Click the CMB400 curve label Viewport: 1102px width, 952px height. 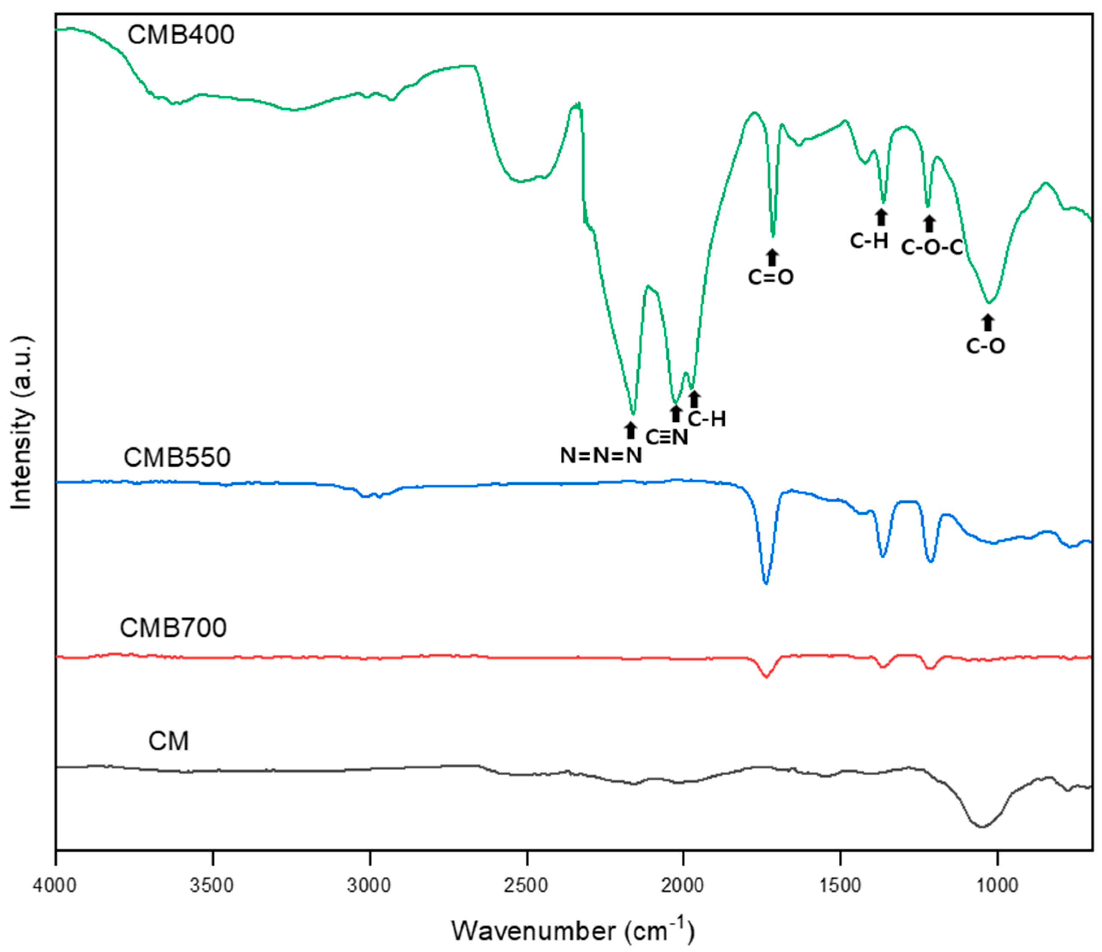181,35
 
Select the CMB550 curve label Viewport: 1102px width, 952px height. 177,458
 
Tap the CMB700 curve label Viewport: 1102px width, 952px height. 173,628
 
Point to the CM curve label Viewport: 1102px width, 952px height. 168,741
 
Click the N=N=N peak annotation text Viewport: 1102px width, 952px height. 601,456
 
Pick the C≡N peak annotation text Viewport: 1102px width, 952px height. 666,438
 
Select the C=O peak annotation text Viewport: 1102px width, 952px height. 771,277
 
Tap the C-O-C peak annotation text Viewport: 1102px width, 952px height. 932,248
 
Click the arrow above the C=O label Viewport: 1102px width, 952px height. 772,257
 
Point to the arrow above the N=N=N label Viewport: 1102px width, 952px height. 630,430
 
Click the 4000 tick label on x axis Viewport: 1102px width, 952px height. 55,886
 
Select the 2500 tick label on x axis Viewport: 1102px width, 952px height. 527,886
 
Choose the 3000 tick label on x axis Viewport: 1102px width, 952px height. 370,886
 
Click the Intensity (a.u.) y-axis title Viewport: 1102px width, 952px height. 22,423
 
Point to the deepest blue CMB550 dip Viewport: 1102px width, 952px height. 766,583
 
